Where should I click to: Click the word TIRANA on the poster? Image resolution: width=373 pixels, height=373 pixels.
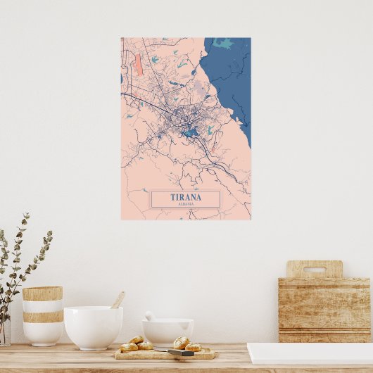(186, 197)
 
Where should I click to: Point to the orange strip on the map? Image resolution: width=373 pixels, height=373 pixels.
(138, 66)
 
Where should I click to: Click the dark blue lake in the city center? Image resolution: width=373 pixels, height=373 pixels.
(189, 132)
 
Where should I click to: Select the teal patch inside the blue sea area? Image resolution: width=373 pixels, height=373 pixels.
(225, 44)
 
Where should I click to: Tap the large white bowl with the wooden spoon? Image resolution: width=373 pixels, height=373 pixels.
(93, 327)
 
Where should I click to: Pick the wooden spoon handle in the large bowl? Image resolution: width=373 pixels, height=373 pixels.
(118, 300)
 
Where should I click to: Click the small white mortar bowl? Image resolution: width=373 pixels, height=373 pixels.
(167, 331)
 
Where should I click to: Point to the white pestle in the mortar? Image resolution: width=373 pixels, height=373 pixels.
(149, 316)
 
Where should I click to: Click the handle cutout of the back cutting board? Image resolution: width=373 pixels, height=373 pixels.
(314, 269)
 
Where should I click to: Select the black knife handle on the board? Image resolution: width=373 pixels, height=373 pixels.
(180, 352)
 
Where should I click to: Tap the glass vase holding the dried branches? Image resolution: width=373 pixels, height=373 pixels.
(4, 331)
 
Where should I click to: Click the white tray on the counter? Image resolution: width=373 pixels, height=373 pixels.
(310, 353)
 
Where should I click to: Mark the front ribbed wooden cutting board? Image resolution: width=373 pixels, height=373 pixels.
(324, 310)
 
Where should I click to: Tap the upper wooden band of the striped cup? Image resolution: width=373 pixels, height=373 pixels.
(42, 293)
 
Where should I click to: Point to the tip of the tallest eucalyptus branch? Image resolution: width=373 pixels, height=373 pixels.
(27, 215)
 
